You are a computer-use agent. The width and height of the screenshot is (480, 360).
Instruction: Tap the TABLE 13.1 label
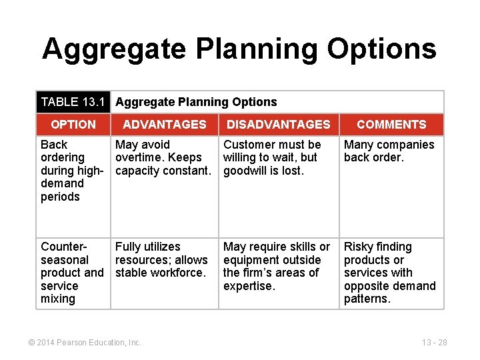click(x=73, y=102)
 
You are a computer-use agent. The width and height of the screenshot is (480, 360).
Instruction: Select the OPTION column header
click(x=73, y=125)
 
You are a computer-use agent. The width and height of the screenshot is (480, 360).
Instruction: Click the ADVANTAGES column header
click(x=165, y=125)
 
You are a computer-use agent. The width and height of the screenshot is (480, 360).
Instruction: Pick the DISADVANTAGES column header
click(x=278, y=125)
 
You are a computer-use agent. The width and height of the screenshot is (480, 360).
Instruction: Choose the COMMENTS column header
click(x=391, y=125)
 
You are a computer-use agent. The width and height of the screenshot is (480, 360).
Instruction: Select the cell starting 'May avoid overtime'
click(x=163, y=157)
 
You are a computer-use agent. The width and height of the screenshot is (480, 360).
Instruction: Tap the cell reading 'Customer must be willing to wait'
click(x=272, y=157)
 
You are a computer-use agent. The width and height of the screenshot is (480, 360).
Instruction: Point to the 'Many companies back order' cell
click(x=389, y=151)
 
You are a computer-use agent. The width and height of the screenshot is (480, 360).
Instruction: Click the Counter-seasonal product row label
click(x=71, y=273)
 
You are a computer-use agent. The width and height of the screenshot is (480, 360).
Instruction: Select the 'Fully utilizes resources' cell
click(x=161, y=259)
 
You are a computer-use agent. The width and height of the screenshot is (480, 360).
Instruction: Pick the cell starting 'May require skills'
click(x=277, y=266)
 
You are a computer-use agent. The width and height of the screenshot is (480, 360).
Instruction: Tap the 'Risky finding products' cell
click(x=389, y=273)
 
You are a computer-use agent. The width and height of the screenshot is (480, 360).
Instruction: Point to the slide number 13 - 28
click(x=434, y=343)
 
